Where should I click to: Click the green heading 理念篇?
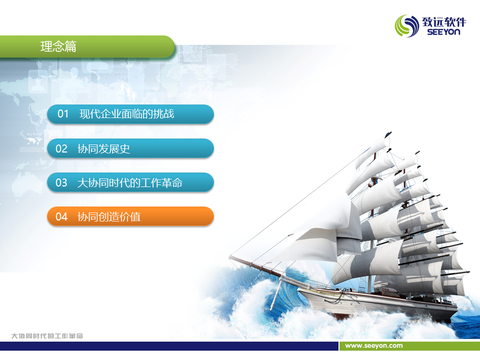58,46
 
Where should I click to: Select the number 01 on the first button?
63,114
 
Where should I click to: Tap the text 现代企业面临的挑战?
126,114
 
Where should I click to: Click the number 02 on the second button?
61,149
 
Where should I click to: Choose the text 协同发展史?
104,149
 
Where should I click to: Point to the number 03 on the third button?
61,183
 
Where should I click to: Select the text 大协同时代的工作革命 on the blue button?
130,183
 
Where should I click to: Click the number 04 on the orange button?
61,216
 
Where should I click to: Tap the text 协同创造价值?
109,216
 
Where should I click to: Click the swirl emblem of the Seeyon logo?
406,26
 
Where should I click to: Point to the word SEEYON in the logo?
443,32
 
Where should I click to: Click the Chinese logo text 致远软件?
444,22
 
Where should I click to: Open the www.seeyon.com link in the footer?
374,345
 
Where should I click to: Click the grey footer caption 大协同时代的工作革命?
47,336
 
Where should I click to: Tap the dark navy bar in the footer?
169,346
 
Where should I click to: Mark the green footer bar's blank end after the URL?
441,346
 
